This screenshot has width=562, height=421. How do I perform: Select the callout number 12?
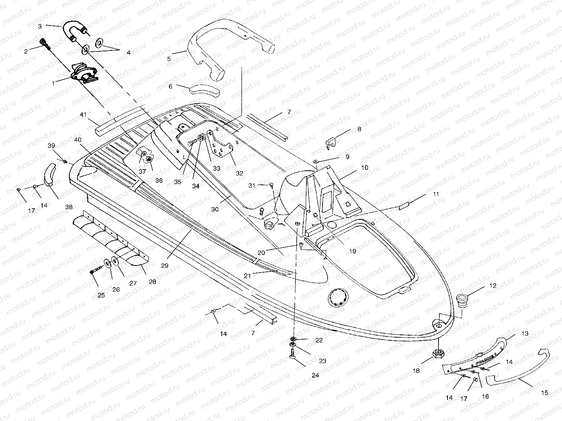click(x=493, y=286)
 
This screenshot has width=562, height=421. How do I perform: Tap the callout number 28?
click(x=152, y=281)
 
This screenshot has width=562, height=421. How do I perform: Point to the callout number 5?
click(x=169, y=59)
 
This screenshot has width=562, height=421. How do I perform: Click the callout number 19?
click(x=352, y=251)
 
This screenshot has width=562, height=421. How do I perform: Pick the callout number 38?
click(x=69, y=207)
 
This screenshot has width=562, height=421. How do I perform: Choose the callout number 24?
click(x=315, y=375)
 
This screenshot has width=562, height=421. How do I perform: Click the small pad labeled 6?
click(x=204, y=90)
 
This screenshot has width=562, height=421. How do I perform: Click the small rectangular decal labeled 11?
click(x=404, y=206)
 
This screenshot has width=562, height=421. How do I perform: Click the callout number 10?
click(x=364, y=168)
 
